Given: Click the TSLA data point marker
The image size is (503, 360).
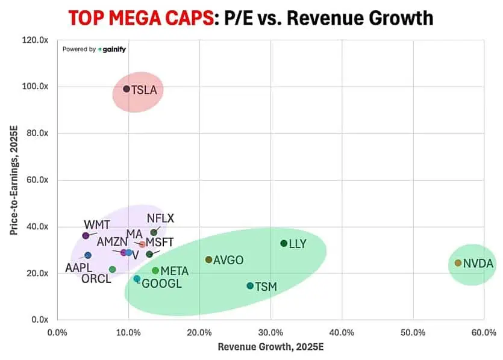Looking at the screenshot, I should tap(127, 89).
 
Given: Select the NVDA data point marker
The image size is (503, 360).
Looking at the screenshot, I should tap(458, 263).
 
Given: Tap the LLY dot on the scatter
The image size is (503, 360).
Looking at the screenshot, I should tap(284, 243).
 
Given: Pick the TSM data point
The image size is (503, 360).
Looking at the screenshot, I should tap(250, 286).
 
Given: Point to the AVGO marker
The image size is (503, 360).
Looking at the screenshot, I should tap(209, 259).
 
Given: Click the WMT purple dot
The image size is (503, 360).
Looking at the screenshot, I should tap(86, 235).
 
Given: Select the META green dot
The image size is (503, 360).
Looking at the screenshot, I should tap(155, 271).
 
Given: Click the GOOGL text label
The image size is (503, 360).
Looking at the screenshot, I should tap(161, 284).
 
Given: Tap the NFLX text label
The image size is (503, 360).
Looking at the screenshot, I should tap(160, 219).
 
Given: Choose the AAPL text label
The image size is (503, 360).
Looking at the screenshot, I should tap(79, 267).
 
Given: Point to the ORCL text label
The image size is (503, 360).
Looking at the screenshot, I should tap(96, 279).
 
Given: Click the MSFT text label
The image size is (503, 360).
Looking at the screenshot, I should tap(160, 242).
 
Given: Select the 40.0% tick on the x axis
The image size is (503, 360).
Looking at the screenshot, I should tap(342, 332).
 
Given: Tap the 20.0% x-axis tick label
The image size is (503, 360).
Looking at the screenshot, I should tap(199, 332).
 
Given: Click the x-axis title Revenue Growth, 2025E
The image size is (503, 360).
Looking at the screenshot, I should tap(270, 347).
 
